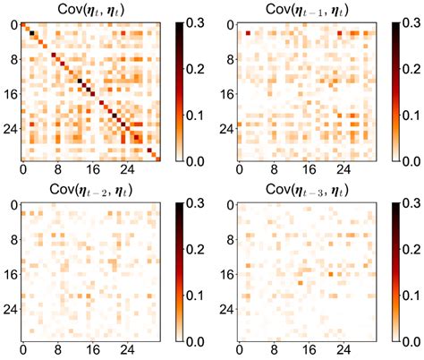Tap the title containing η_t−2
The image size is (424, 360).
point(91,192)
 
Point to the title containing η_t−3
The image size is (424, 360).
point(310,192)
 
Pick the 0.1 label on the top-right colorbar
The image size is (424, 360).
point(412,115)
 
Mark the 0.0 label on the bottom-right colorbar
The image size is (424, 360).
point(412,343)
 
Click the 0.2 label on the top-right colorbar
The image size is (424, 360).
point(412,69)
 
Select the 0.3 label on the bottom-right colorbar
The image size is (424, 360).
point(412,206)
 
